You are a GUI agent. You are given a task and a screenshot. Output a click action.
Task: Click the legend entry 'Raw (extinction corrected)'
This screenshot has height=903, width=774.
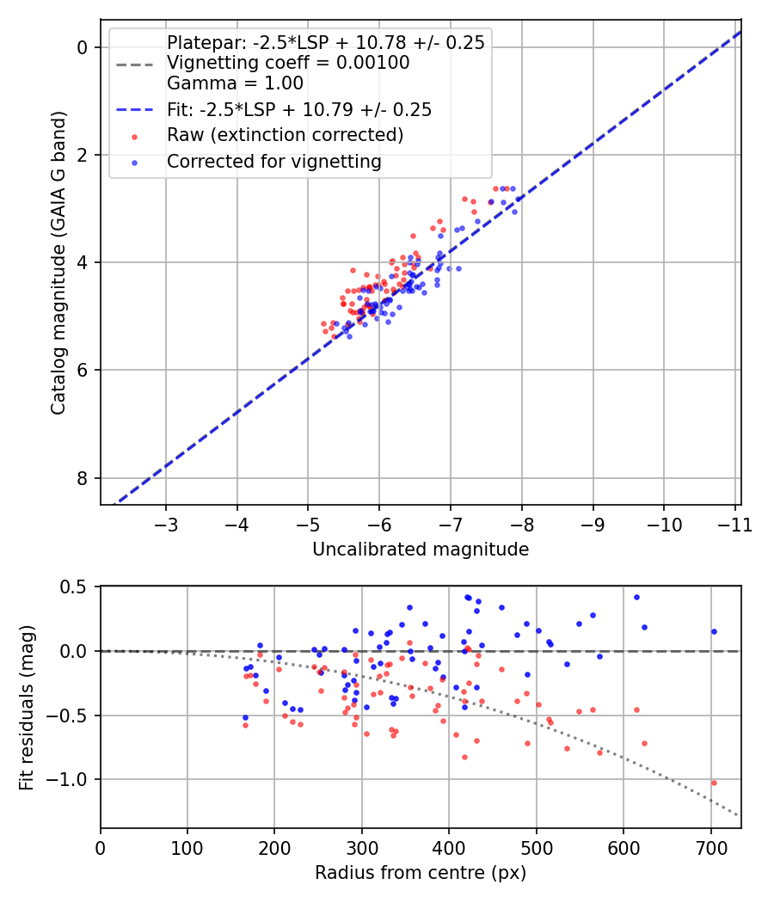pos(285,136)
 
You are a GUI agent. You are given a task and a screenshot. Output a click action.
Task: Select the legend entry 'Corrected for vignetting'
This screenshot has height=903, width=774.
pos(273,162)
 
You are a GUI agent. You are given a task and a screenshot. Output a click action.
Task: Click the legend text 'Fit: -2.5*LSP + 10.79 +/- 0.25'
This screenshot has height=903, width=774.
pos(299,110)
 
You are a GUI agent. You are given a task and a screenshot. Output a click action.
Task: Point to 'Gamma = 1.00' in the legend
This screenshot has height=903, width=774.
pos(235,84)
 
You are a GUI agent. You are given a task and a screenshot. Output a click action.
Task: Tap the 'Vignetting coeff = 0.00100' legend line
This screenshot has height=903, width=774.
pos(288,63)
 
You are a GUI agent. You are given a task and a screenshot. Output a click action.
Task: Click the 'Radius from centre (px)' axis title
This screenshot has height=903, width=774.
pos(421,873)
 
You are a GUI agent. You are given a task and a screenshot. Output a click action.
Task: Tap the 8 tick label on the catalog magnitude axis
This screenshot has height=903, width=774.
pos(83,478)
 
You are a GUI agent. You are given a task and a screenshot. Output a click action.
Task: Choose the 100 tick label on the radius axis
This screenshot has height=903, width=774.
pos(187,848)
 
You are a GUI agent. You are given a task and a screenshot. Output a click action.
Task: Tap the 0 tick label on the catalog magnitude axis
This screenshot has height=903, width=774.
pos(83,47)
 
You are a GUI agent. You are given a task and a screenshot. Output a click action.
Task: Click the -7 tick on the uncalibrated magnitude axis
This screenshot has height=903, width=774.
pos(451,525)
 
